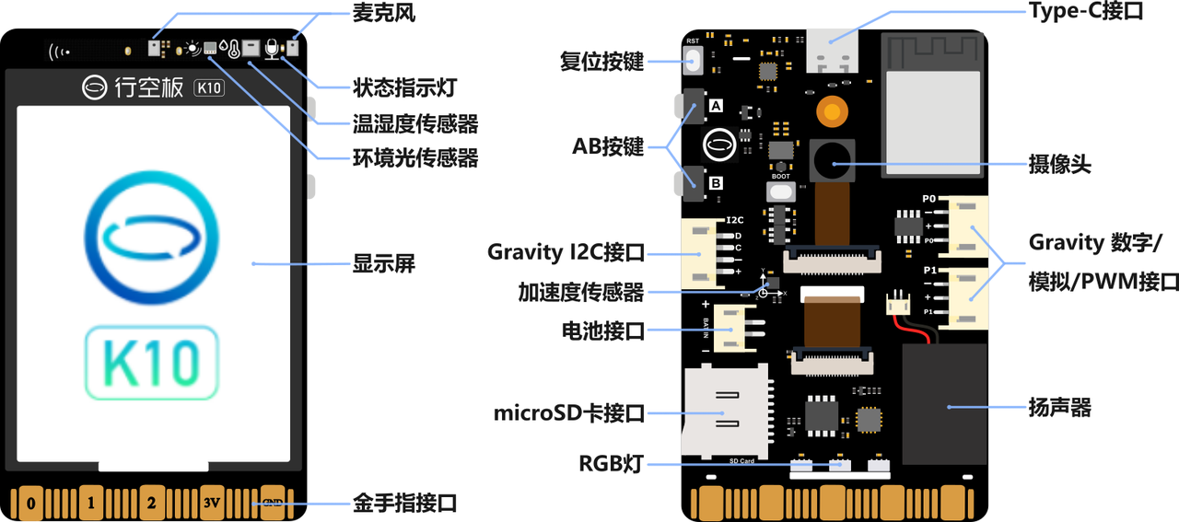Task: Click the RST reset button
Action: [x=694, y=61]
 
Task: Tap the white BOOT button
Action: [x=780, y=191]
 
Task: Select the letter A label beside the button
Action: [x=716, y=107]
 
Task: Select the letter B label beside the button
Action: [x=716, y=183]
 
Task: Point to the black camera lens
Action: [x=833, y=162]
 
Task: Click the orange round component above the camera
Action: [x=833, y=112]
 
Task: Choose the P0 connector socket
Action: [x=970, y=226]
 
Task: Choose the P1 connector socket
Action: [x=970, y=297]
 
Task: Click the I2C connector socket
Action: [x=699, y=253]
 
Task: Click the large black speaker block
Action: [x=944, y=404]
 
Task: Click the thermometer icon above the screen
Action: [x=235, y=50]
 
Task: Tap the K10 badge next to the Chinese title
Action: [x=210, y=88]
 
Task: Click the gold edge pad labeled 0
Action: [x=30, y=503]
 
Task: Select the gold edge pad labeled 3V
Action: [x=213, y=503]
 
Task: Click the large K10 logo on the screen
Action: [x=152, y=364]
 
